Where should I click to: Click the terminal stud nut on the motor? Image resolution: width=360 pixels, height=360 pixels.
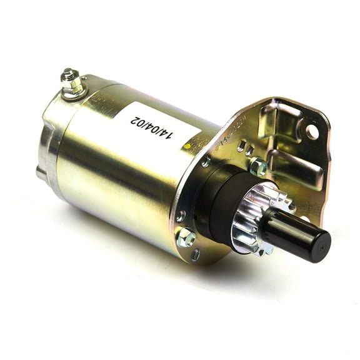tap(69, 77)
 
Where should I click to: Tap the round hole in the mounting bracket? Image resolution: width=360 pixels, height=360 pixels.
tap(311, 131)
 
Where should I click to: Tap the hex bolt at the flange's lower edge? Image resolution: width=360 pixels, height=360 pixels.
tap(186, 237)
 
